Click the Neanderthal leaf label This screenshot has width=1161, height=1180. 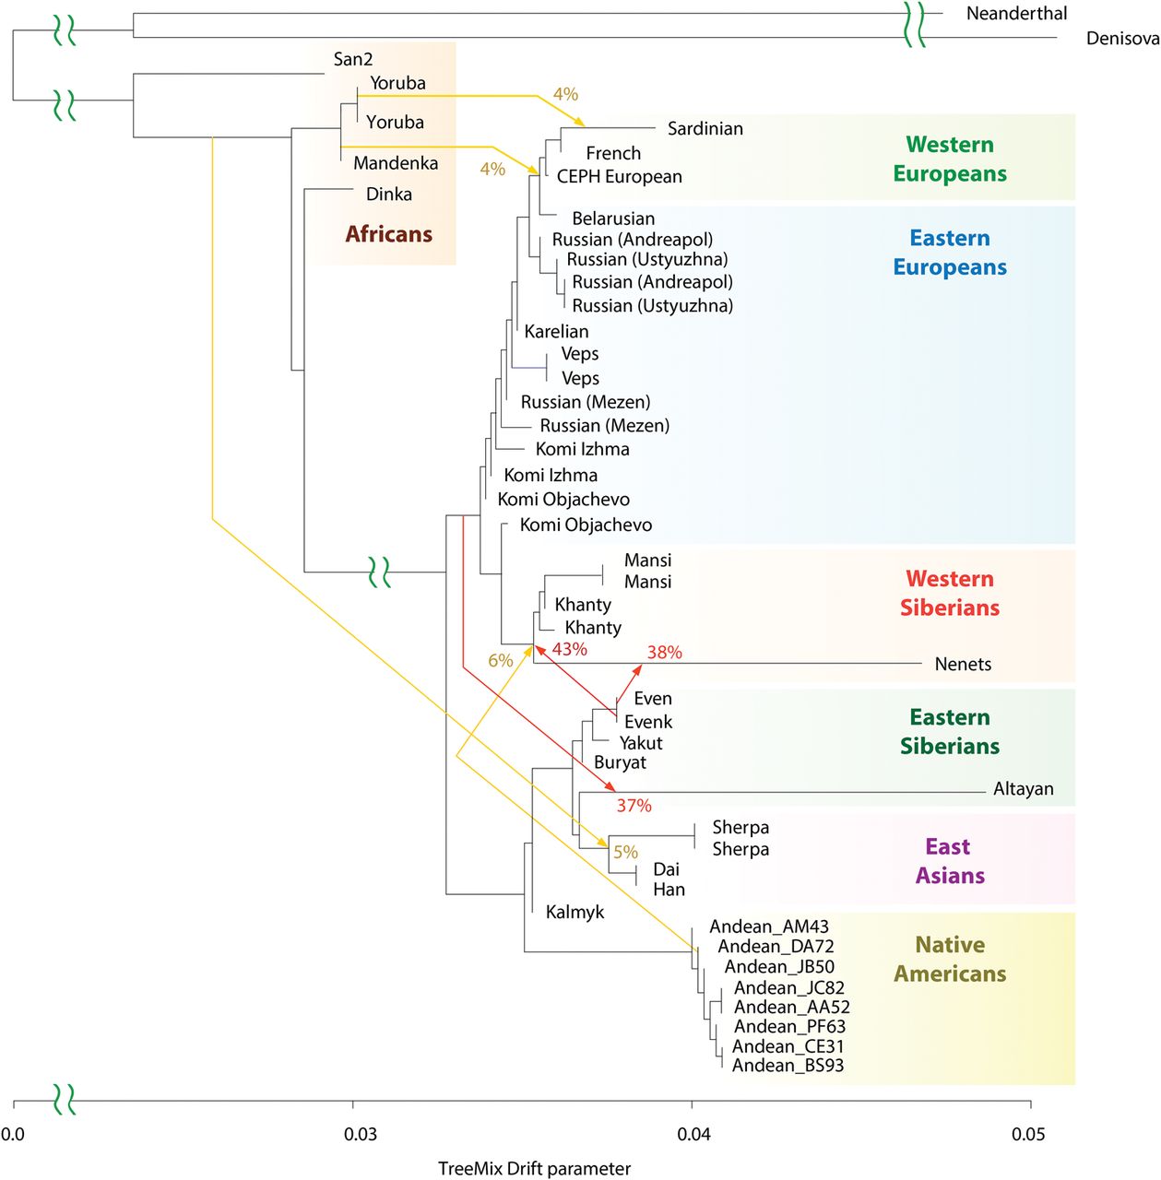1016,14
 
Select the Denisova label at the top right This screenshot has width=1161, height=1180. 1122,39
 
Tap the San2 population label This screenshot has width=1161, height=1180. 353,59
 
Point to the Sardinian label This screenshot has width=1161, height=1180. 705,129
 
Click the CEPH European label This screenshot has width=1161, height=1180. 619,177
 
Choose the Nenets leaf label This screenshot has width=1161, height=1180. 963,665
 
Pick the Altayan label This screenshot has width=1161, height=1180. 1023,789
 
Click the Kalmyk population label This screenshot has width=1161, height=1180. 575,913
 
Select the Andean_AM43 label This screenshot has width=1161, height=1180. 769,927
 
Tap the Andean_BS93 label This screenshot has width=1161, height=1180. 788,1067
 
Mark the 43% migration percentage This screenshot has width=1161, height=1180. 570,650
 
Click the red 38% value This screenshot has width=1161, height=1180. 664,653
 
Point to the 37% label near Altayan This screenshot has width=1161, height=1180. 634,806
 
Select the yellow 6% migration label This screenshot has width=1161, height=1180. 500,661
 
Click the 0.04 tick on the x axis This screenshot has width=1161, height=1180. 693,1134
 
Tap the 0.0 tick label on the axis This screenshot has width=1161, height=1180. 13,1134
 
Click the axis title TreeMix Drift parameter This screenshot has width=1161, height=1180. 534,1169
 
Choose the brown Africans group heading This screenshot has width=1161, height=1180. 388,234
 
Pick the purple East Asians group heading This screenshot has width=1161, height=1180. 949,861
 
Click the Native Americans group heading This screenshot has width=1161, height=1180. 949,960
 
